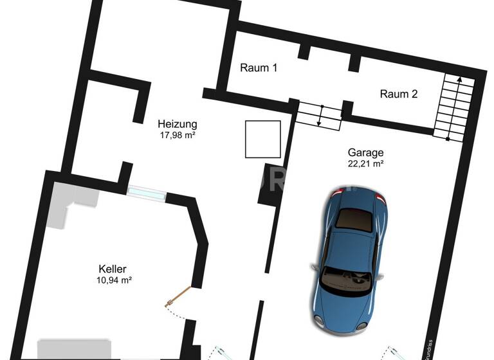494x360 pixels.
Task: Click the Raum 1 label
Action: pyautogui.click(x=259, y=67)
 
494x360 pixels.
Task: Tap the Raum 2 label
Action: pyautogui.click(x=399, y=94)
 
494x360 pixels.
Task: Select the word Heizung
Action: pyautogui.click(x=178, y=124)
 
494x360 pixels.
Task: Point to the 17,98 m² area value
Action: pyautogui.click(x=178, y=135)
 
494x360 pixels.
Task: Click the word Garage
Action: pyautogui.click(x=365, y=152)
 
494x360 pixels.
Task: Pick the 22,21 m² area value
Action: pyautogui.click(x=365, y=164)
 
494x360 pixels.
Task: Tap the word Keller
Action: pyautogui.click(x=113, y=269)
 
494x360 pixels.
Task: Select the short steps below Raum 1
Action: pyautogui.click(x=319, y=116)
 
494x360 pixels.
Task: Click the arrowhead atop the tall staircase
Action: pyautogui.click(x=460, y=78)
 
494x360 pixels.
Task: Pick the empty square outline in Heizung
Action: pyautogui.click(x=262, y=139)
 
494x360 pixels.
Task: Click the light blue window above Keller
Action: pyautogui.click(x=147, y=192)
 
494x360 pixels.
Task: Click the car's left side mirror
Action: pyautogui.click(x=314, y=266)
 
